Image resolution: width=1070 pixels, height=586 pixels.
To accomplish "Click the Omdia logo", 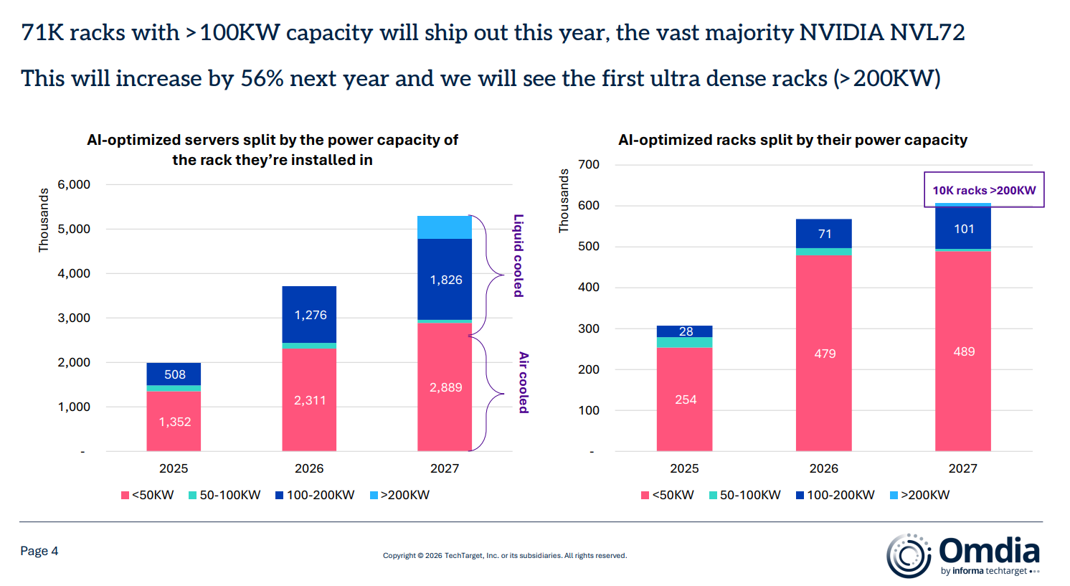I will (x=963, y=554).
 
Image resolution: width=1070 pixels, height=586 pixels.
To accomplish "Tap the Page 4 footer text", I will (x=39, y=551).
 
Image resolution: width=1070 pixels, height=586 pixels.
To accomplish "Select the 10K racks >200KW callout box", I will (x=984, y=190).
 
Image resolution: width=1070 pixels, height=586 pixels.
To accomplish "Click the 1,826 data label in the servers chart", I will (x=445, y=280).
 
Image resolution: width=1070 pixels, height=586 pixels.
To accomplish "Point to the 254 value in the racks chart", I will (x=686, y=400).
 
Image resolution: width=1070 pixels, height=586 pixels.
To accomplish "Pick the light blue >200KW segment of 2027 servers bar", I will (x=445, y=227).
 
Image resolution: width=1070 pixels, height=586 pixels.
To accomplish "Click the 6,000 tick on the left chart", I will (x=74, y=184).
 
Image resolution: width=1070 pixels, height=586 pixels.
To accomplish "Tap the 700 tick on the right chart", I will (x=589, y=164).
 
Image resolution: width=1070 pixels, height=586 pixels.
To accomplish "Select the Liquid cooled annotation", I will (x=519, y=255).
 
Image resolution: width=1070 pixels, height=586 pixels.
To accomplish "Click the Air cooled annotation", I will (x=524, y=382).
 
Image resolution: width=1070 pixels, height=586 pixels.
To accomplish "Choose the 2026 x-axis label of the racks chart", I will (x=823, y=468).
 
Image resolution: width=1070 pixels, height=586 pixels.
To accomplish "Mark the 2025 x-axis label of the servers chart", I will (x=174, y=468).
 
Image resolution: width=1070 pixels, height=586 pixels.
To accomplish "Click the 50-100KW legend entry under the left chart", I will (x=224, y=495).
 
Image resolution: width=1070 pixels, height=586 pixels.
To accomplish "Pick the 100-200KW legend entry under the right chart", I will (x=835, y=495).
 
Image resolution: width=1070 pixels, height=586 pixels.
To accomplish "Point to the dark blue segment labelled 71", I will (x=824, y=234).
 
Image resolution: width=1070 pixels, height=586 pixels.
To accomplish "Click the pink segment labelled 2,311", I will (x=309, y=400).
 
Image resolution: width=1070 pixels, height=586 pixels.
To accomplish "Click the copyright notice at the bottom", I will (x=504, y=555).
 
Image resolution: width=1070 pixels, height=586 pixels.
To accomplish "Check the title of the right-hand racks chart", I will (x=792, y=140).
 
